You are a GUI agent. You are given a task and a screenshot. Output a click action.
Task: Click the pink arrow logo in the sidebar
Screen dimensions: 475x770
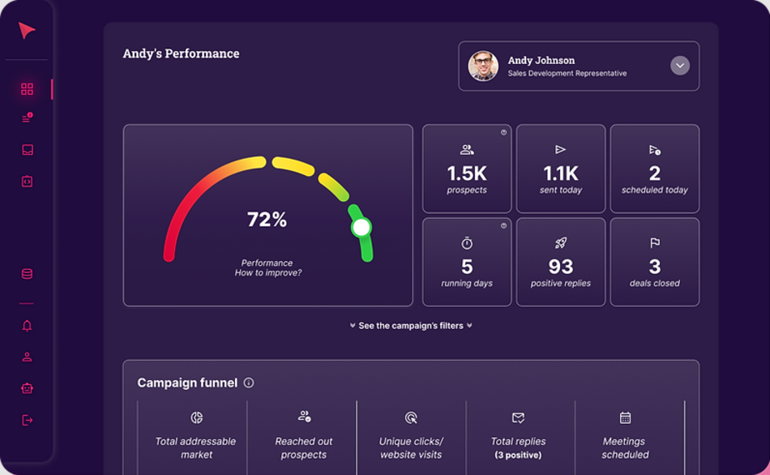27,31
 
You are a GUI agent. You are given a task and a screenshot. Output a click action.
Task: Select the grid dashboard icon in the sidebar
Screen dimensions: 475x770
27,89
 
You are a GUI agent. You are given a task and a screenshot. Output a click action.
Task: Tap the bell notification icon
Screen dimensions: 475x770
27,326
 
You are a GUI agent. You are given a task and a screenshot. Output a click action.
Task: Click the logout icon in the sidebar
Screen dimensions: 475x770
27,420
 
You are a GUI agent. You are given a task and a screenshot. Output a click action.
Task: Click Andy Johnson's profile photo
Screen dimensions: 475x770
483,66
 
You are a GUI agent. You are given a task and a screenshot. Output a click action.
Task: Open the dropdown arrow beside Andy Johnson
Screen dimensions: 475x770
680,66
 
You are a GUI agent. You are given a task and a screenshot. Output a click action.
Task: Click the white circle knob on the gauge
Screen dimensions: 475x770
361,228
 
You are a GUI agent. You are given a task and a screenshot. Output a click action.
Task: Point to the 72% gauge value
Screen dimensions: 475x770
267,220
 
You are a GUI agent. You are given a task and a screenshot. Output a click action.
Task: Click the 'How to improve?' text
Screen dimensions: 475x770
267,273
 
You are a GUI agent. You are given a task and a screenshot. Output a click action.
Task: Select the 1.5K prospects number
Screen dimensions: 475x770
467,173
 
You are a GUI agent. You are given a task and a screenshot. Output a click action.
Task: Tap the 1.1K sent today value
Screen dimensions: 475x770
560,173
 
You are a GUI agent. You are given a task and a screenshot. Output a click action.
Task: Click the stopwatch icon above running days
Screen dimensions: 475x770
467,243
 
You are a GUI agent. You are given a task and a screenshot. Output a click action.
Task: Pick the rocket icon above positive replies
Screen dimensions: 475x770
560,243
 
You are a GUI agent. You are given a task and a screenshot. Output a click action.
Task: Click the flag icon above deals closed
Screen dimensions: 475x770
655,243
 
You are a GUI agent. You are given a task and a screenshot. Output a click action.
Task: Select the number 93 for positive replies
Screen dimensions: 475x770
560,267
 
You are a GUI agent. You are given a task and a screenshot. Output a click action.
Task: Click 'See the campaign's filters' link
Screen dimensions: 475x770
411,326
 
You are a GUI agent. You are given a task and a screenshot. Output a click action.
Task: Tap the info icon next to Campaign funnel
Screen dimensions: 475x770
249,383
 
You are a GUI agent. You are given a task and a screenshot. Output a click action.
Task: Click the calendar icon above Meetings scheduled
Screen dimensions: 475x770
625,418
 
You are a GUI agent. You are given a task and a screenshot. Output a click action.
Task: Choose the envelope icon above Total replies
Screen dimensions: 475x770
518,418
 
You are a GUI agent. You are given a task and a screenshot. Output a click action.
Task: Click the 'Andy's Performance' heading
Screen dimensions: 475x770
181,54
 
